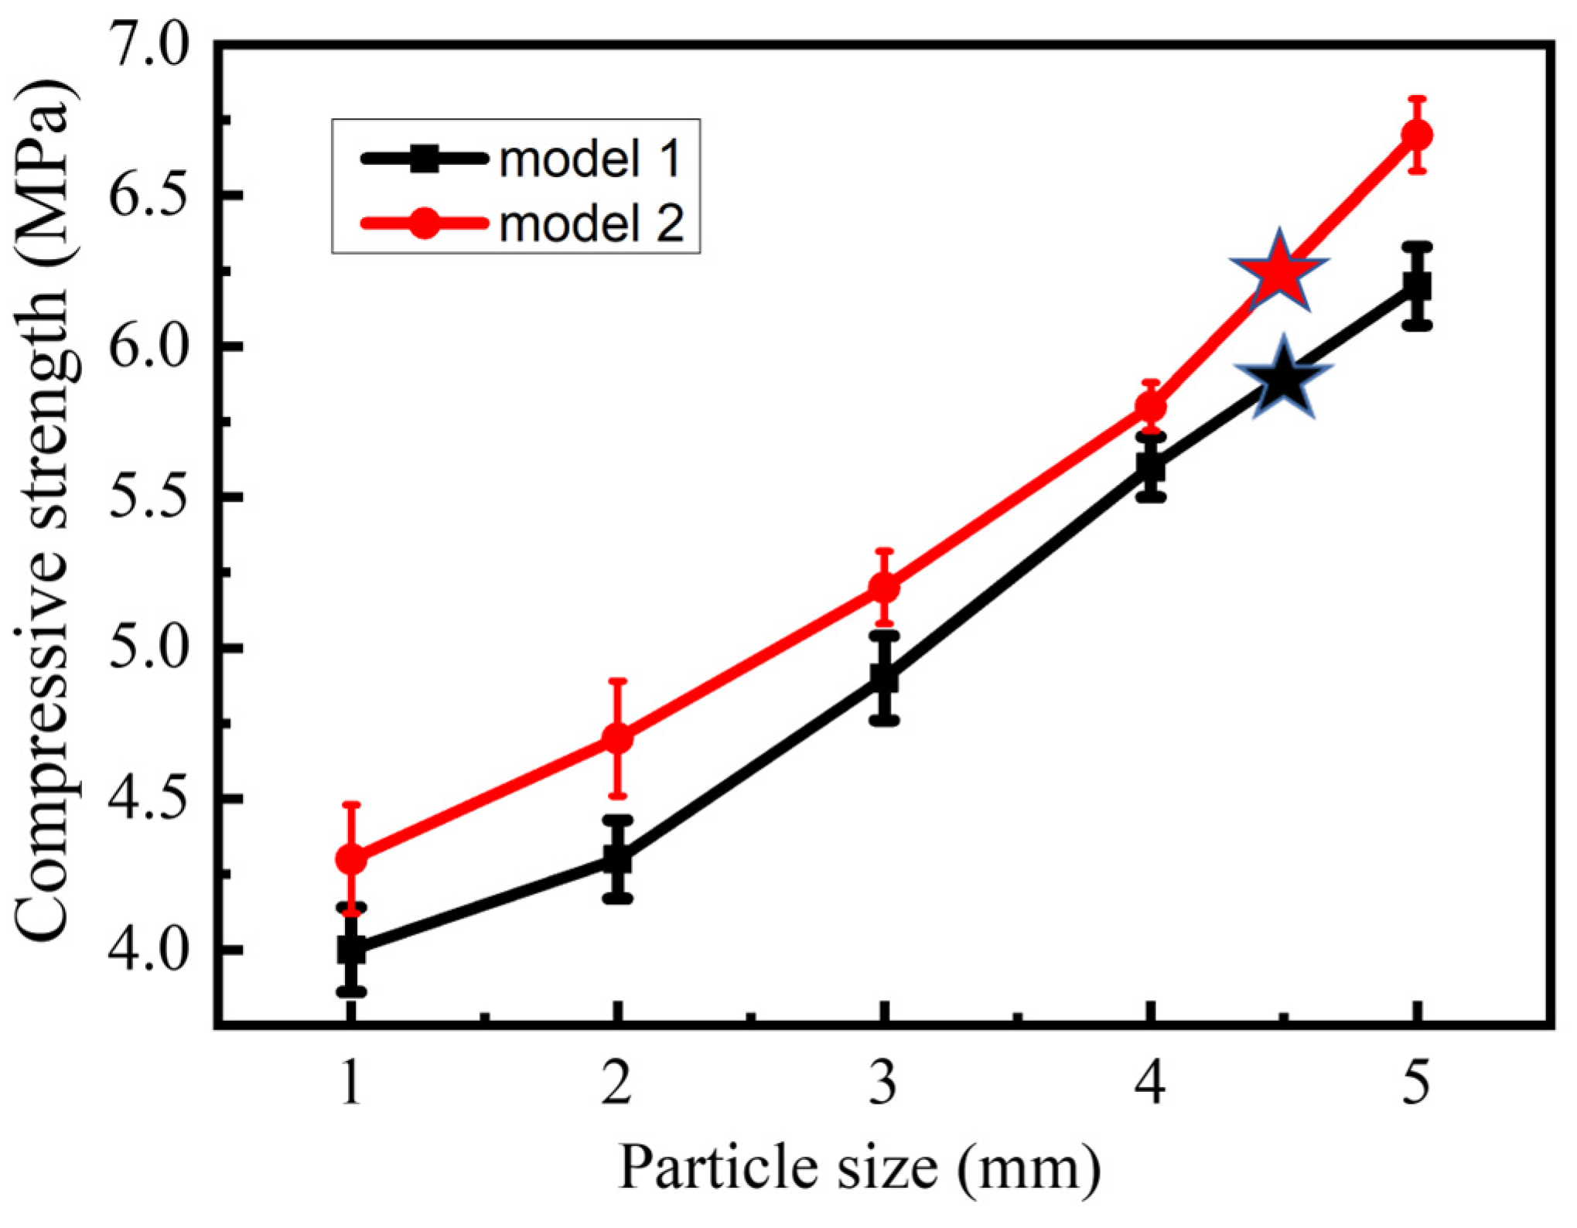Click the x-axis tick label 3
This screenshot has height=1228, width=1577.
pyautogui.click(x=883, y=1083)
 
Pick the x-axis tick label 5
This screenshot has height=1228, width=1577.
pyautogui.click(x=1416, y=1083)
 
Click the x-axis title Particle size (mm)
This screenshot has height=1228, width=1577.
pyautogui.click(x=858, y=1168)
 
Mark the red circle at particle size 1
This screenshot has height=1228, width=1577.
pyautogui.click(x=351, y=859)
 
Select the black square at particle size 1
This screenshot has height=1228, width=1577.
pyautogui.click(x=351, y=950)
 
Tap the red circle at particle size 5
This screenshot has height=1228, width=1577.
pyautogui.click(x=1417, y=135)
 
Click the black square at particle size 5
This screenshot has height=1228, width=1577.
pyautogui.click(x=1417, y=286)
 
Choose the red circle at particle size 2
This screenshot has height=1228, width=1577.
pyautogui.click(x=617, y=739)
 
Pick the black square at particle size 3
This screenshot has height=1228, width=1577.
pyautogui.click(x=884, y=678)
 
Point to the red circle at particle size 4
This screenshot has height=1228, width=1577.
pyautogui.click(x=1151, y=406)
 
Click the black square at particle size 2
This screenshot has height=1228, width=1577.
pyautogui.click(x=617, y=859)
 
